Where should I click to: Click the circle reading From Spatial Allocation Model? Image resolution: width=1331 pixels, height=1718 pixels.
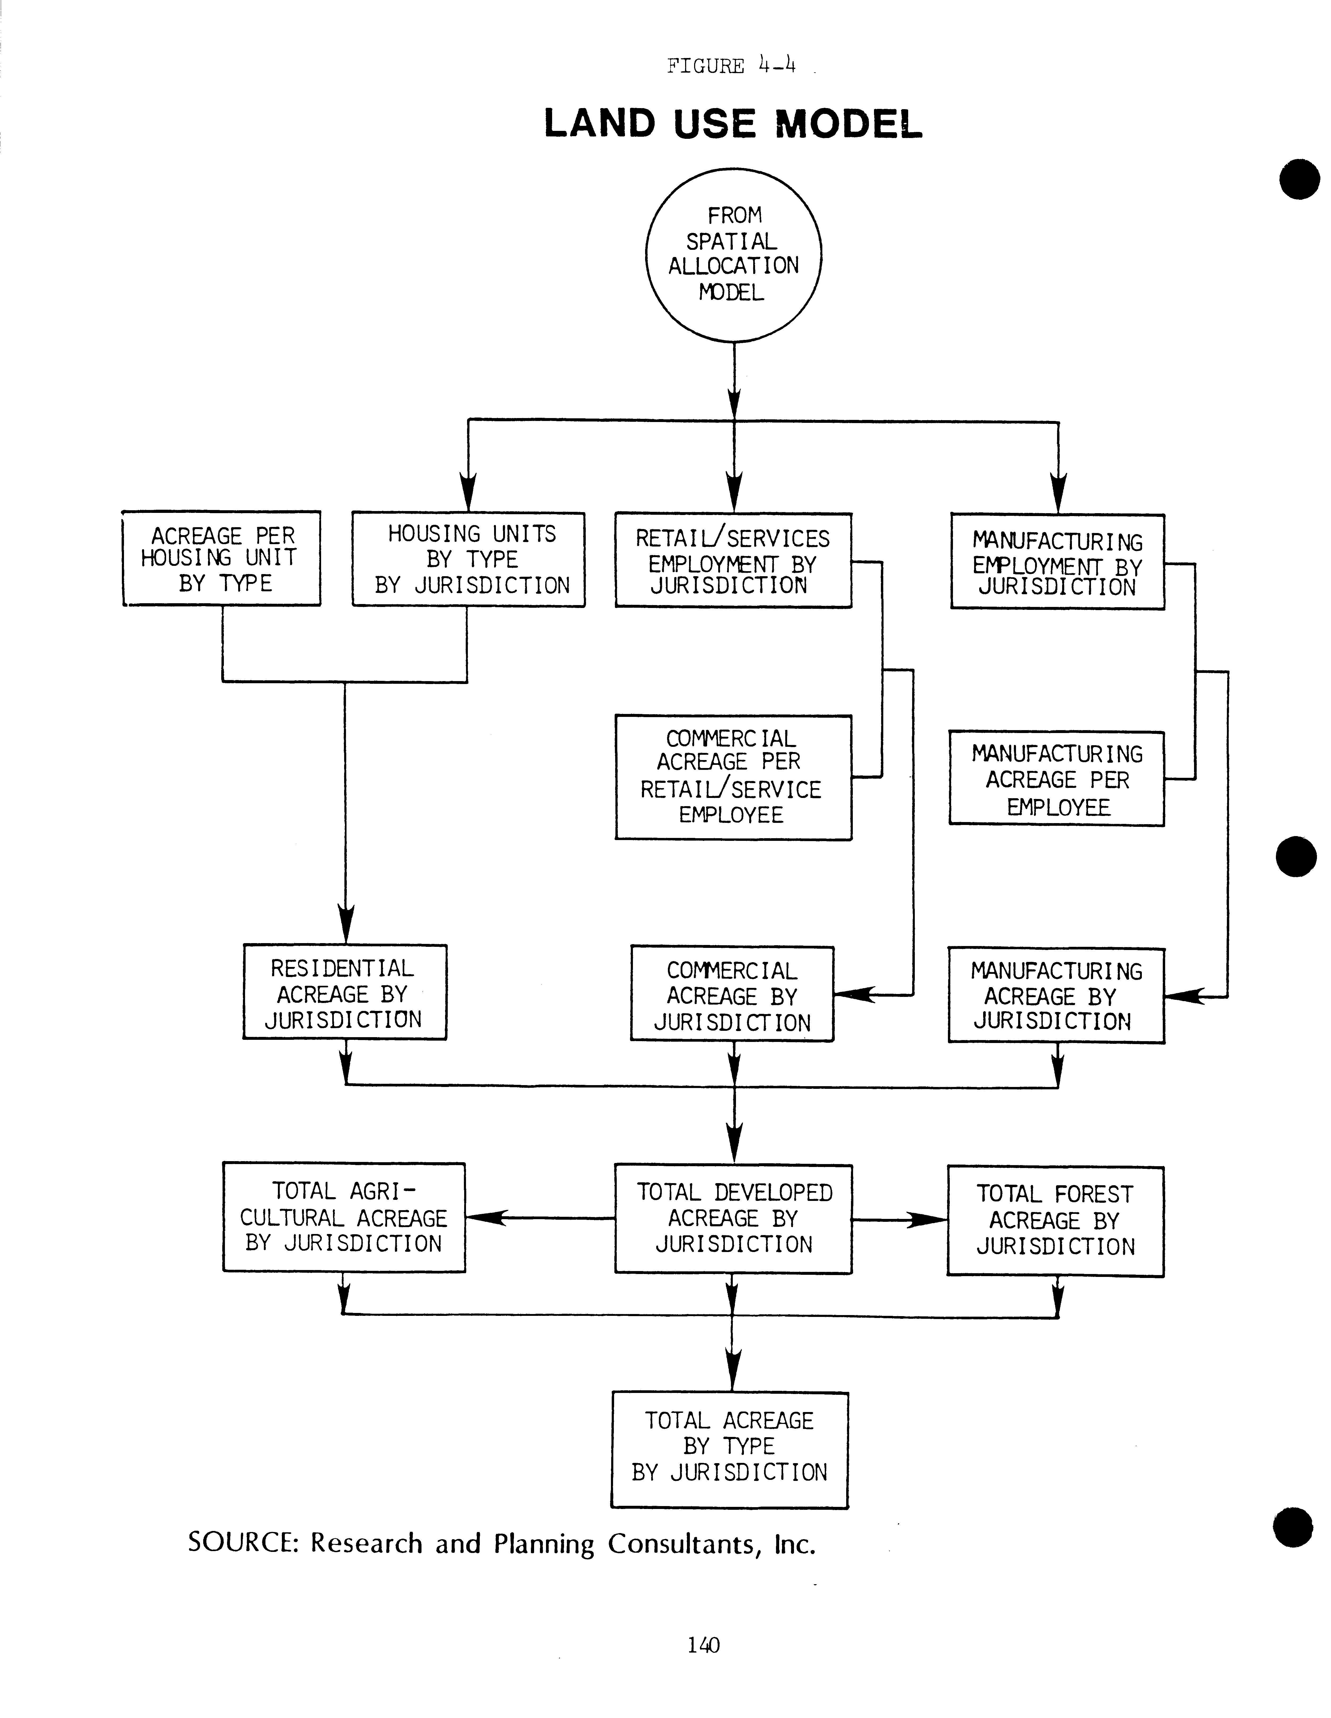[x=733, y=255]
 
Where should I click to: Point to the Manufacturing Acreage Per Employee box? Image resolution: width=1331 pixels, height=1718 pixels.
[x=1057, y=779]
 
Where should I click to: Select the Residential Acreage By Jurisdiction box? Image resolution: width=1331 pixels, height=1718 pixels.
[x=345, y=993]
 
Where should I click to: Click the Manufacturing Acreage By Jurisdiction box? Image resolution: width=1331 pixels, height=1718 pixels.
[x=1056, y=996]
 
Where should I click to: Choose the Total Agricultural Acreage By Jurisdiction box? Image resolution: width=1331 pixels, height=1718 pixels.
[x=344, y=1218]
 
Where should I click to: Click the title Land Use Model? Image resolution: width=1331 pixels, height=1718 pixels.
[x=732, y=123]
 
